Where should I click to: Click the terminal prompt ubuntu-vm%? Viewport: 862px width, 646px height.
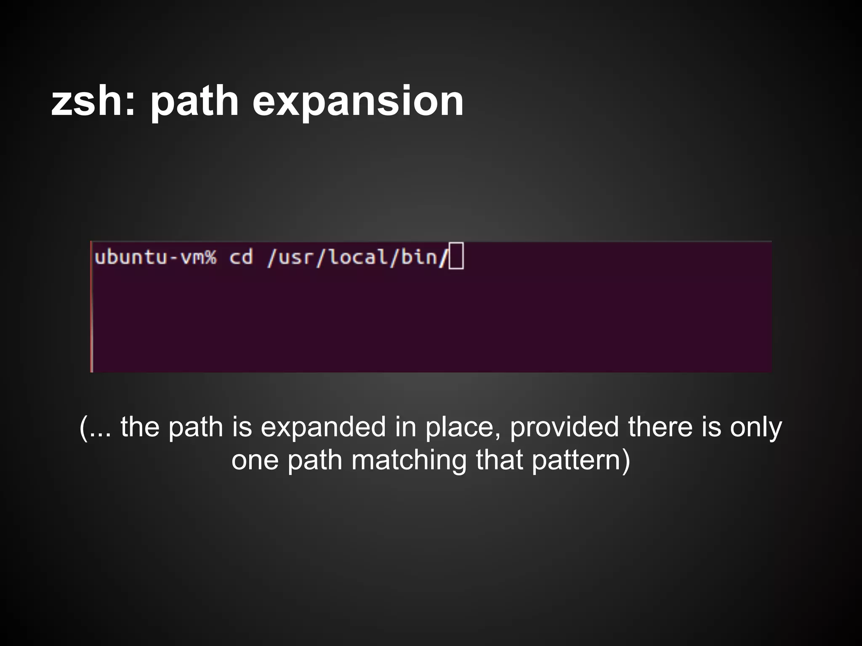click(x=155, y=257)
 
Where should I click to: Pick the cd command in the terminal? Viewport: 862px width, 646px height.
click(x=241, y=257)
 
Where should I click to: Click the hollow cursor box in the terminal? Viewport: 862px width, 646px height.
click(x=456, y=256)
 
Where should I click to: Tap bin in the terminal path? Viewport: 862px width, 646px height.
click(x=419, y=257)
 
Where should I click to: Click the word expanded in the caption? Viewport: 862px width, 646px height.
click(x=323, y=427)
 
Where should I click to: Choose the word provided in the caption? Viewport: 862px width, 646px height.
click(x=564, y=427)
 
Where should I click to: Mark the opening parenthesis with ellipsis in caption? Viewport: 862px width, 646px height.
click(x=95, y=427)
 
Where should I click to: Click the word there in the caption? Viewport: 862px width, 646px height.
click(x=660, y=427)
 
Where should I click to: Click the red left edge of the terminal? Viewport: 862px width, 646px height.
click(x=91, y=307)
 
